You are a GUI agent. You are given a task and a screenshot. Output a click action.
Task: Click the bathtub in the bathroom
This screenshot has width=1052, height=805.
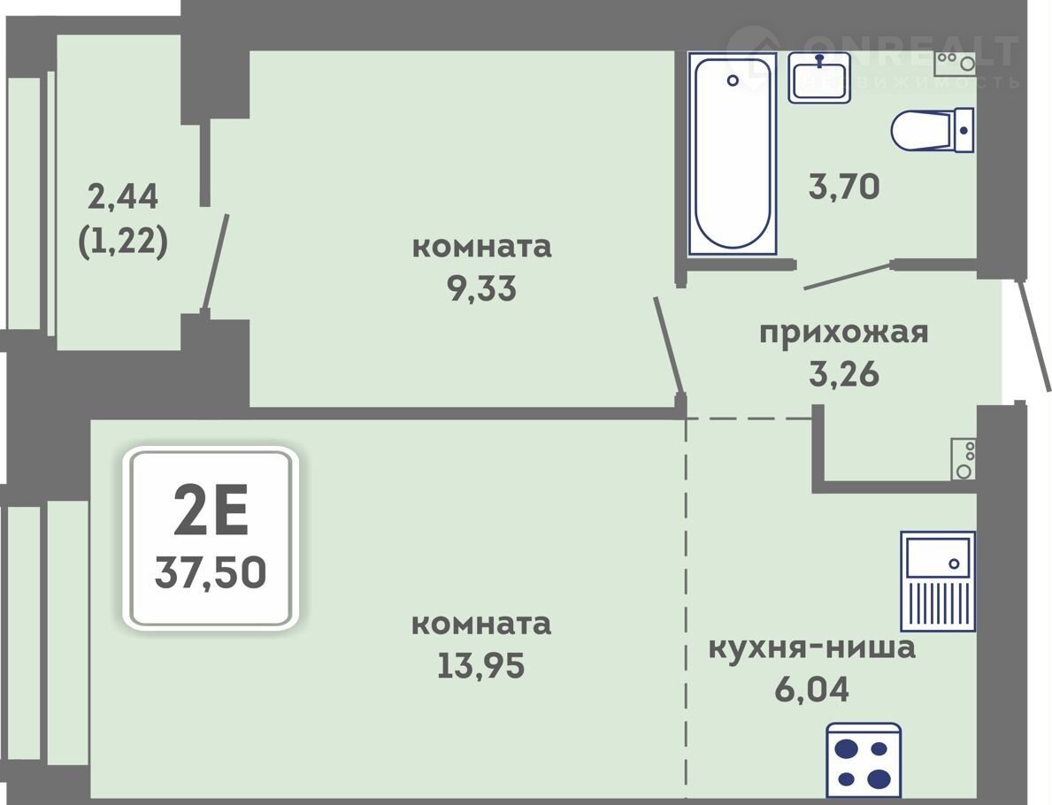[x=732, y=154]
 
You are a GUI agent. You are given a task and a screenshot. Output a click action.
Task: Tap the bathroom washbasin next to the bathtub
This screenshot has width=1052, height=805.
[x=819, y=77]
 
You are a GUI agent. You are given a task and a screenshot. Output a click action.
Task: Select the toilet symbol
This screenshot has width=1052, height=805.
[x=933, y=129]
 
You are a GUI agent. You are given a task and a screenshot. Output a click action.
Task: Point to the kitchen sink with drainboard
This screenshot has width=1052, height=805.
[x=938, y=581]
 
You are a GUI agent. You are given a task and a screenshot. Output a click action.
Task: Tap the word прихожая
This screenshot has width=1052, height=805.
[x=843, y=333]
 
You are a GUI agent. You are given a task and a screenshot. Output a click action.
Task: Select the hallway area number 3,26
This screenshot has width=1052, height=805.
[x=844, y=373]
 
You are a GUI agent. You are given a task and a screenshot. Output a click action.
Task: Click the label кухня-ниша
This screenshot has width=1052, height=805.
[x=812, y=648]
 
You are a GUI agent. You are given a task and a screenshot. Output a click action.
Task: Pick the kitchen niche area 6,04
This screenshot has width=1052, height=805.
[x=812, y=688]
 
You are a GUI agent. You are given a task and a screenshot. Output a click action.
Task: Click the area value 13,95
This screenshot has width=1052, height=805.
[x=481, y=665]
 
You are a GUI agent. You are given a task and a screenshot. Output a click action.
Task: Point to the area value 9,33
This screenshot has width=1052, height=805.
[x=481, y=288]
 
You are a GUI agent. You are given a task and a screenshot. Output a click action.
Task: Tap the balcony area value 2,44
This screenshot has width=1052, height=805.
[x=123, y=196]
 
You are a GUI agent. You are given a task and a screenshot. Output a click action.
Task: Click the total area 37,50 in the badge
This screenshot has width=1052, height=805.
[x=211, y=573]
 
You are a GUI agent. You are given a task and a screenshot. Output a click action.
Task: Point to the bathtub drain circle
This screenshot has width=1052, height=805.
[x=733, y=80]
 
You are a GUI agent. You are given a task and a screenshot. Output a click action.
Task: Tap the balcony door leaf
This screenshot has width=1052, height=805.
[x=216, y=264]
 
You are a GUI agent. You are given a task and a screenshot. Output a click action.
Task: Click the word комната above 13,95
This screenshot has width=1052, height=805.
[x=481, y=624]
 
